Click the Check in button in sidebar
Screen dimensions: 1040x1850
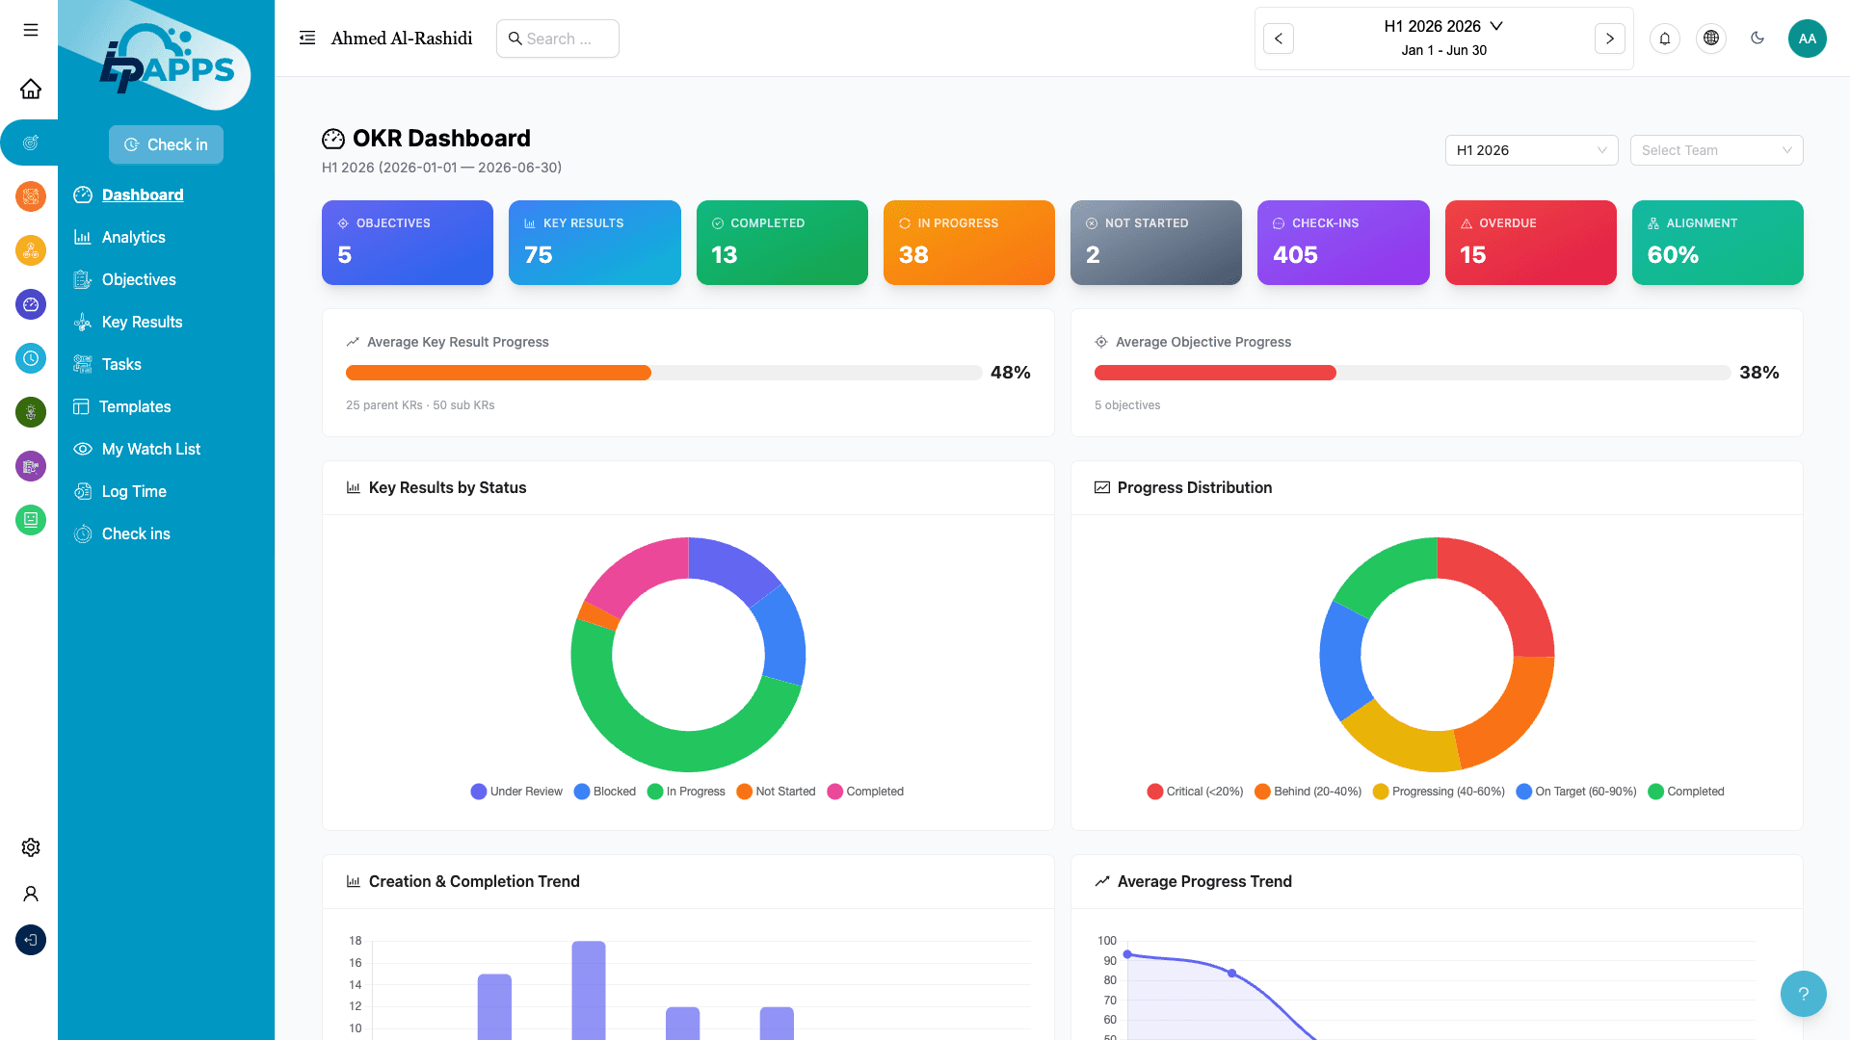pos(166,144)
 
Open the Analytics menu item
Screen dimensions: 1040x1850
pos(133,237)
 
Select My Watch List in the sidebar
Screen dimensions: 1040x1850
pos(150,449)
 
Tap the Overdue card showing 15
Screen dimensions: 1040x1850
pos(1530,243)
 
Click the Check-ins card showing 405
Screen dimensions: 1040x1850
pos(1343,243)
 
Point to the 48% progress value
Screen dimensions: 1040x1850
pos(1010,373)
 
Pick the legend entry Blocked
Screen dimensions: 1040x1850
pos(605,792)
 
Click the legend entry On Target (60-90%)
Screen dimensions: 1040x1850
pos(1576,792)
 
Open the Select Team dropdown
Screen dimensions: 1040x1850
pos(1716,150)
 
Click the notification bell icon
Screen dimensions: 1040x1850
pos(1665,39)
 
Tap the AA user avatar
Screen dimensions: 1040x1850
pos(1807,39)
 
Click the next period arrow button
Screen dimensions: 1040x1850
pos(1609,39)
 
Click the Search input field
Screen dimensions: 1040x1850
pos(558,39)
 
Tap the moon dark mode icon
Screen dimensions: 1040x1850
pos(1757,39)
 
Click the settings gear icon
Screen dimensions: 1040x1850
pos(31,847)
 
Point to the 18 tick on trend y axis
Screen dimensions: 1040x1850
pos(356,941)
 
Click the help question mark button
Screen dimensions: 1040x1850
pos(1803,994)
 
